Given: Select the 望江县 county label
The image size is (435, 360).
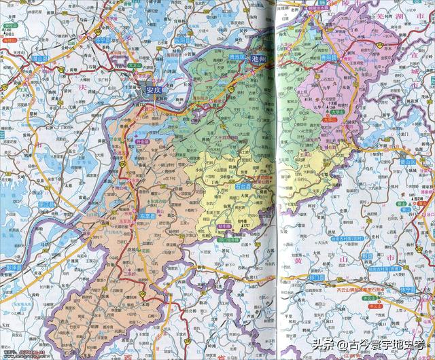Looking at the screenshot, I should (46, 204).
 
